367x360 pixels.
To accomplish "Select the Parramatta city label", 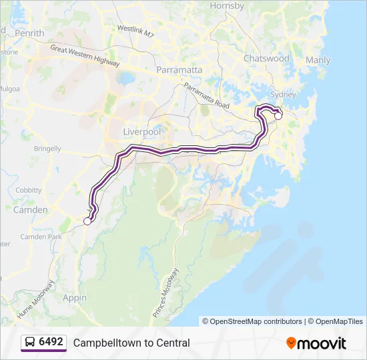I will [x=179, y=69].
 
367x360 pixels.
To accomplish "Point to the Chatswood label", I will [x=266, y=59].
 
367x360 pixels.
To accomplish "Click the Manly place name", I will [x=318, y=60].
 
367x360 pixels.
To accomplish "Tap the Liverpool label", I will [x=143, y=132].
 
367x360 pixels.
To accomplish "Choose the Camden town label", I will [x=31, y=210].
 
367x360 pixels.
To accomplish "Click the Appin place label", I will [x=75, y=298].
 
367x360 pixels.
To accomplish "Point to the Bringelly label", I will [x=46, y=149].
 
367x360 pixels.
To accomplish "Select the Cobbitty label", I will [x=29, y=190].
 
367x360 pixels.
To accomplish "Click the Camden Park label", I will [x=41, y=237].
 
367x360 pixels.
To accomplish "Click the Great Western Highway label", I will [x=85, y=57].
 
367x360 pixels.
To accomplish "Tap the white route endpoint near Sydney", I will [x=278, y=116].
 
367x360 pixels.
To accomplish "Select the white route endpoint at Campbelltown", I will [x=87, y=221].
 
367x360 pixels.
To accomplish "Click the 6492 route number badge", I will [x=44, y=343].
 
